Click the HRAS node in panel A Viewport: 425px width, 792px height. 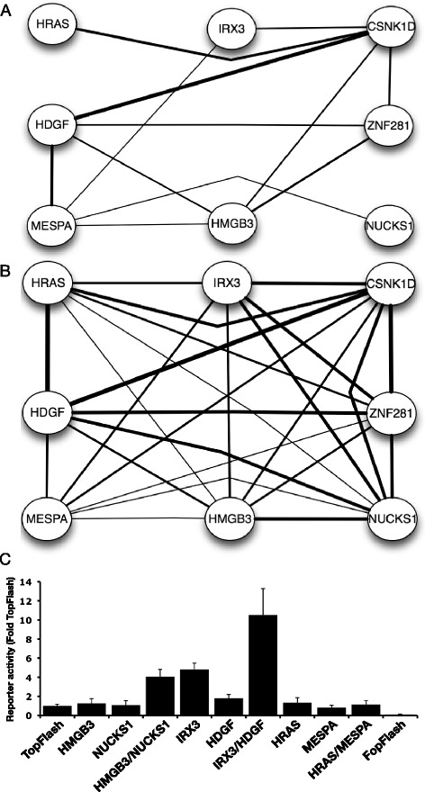click(x=50, y=24)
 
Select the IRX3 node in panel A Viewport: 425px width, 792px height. click(x=232, y=30)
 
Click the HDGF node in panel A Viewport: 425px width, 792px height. click(x=50, y=124)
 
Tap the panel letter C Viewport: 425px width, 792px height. click(x=5, y=559)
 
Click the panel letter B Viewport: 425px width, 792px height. click(x=5, y=271)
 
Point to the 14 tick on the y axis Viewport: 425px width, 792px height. click(x=31, y=582)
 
